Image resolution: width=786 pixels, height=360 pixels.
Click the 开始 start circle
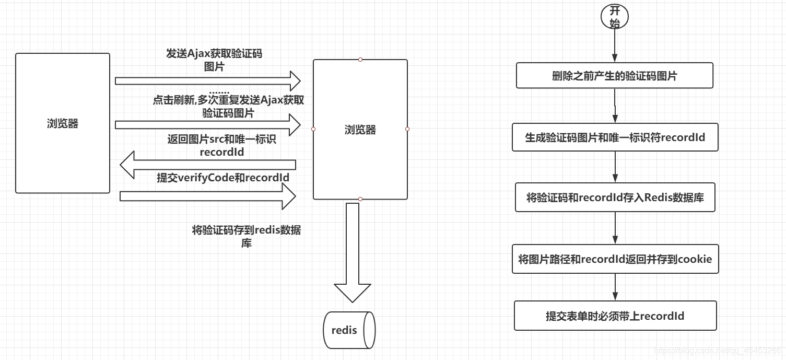click(x=615, y=17)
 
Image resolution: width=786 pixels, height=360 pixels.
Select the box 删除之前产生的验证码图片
click(x=614, y=76)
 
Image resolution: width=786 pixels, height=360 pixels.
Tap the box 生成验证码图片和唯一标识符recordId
click(x=615, y=137)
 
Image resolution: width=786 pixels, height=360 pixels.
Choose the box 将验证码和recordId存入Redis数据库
click(x=615, y=198)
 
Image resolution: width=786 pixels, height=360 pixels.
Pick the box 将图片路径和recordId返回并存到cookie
click(x=615, y=259)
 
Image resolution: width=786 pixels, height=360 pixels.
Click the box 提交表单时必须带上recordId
click(x=615, y=316)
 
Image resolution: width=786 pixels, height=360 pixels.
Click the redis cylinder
click(x=349, y=330)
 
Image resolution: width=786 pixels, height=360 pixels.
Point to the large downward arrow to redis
click(x=353, y=251)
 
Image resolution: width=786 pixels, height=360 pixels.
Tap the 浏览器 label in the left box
click(x=62, y=124)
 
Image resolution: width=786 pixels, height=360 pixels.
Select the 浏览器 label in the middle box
click(x=360, y=130)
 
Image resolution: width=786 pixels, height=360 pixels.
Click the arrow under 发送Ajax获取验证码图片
click(x=208, y=81)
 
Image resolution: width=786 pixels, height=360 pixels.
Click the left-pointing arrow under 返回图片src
click(x=208, y=165)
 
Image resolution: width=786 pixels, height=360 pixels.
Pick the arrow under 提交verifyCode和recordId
click(x=208, y=196)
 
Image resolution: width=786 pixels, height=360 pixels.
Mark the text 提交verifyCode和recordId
click(x=223, y=178)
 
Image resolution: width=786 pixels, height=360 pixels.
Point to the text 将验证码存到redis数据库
click(x=246, y=236)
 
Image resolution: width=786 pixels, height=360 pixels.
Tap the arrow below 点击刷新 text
click(x=208, y=125)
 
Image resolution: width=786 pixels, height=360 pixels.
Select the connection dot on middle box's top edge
click(x=360, y=60)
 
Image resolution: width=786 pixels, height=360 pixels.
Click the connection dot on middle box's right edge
click(x=407, y=129)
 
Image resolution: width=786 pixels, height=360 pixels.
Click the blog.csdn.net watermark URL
click(x=718, y=351)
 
